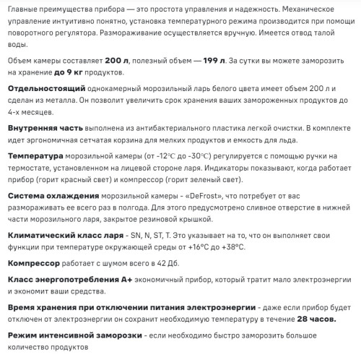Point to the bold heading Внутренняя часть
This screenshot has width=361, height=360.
tap(44, 127)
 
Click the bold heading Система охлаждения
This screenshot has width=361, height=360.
tap(53, 195)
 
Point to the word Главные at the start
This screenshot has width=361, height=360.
tap(22, 7)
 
